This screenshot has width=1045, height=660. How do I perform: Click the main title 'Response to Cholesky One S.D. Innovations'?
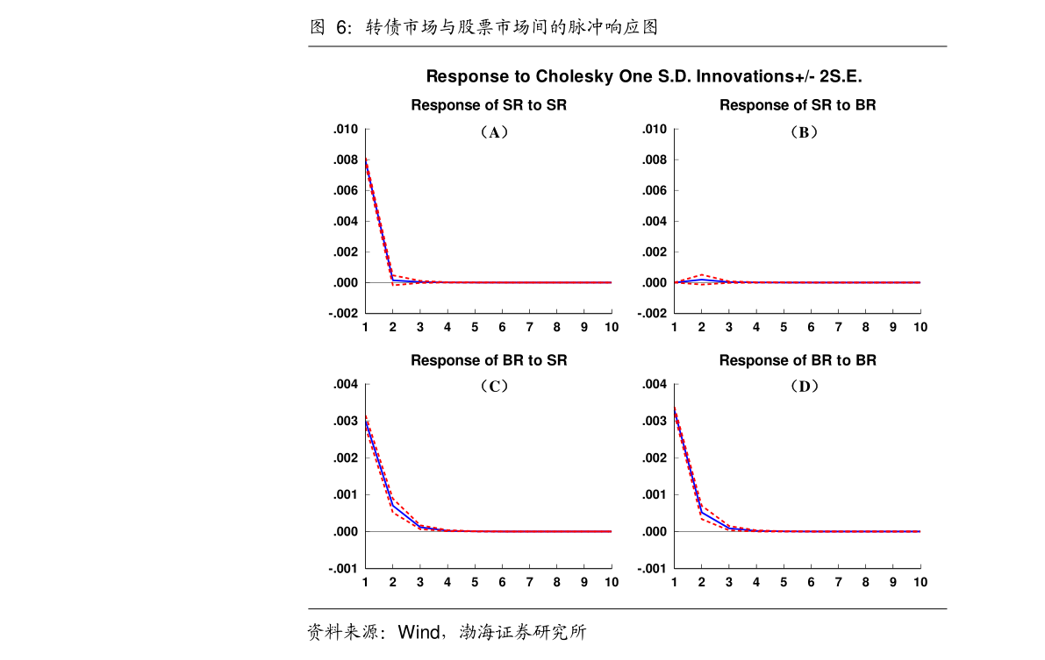645,76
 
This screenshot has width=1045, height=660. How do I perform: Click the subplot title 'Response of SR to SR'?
489,105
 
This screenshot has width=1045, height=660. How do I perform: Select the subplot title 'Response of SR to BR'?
798,105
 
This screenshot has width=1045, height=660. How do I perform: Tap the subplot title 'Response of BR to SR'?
489,360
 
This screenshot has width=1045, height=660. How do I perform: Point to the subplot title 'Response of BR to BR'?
798,360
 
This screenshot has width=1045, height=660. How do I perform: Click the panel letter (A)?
494,132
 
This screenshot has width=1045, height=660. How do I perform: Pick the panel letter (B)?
803,132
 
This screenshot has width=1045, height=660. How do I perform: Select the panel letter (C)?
494,386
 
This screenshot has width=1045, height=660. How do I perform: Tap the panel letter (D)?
803,386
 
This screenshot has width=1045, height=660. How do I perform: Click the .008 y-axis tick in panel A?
346,160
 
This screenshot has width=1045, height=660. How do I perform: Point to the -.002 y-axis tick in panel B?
654,314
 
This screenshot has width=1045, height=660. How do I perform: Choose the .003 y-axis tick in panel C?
346,422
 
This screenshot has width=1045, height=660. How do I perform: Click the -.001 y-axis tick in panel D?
654,569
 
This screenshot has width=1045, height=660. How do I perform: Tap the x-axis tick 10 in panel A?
611,327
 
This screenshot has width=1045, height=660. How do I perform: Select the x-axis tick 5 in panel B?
784,327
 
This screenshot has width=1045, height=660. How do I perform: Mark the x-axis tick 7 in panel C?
529,582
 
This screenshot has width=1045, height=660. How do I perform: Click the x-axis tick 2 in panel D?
702,582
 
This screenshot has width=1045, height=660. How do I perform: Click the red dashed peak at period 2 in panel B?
702,275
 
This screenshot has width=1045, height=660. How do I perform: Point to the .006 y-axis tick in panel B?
655,191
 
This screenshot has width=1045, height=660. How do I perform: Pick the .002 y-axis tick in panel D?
655,458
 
